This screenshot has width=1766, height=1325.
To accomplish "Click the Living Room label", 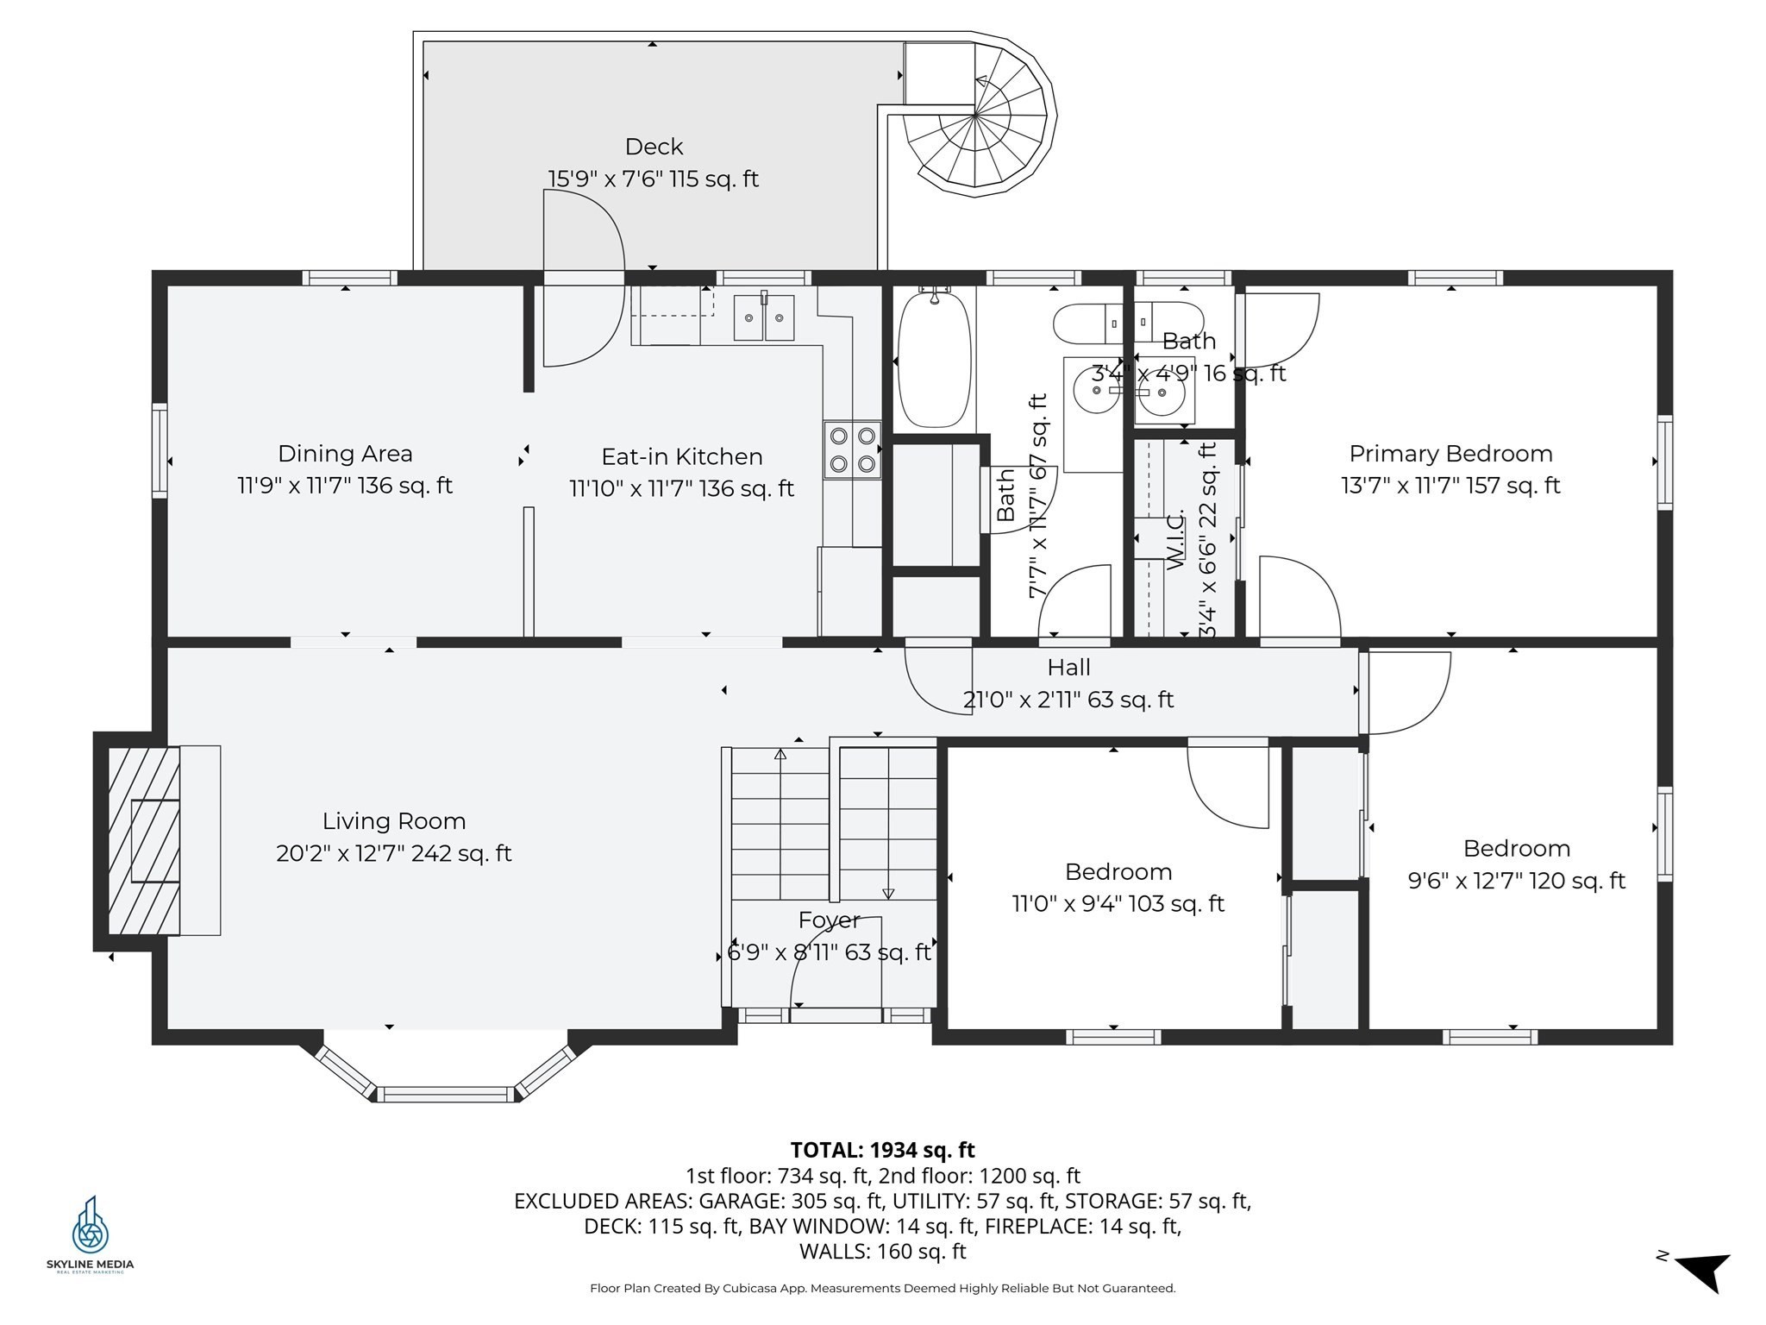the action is pyautogui.click(x=394, y=821).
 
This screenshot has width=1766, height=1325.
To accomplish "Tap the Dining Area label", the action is pyautogui.click(x=345, y=454).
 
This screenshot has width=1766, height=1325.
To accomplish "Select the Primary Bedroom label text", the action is pyautogui.click(x=1450, y=454).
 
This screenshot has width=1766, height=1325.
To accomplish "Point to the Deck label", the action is pyautogui.click(x=654, y=147).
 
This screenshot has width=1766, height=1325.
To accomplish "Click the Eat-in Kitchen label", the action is pyautogui.click(x=681, y=456).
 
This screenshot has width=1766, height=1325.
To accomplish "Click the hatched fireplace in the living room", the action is pyautogui.click(x=143, y=840).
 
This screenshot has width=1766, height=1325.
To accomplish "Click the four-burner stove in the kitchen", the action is pyautogui.click(x=852, y=449).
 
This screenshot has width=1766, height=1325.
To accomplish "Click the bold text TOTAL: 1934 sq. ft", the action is pyautogui.click(x=882, y=1150).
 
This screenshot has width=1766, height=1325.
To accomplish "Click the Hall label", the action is pyautogui.click(x=1068, y=668).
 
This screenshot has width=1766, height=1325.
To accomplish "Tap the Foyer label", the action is pyautogui.click(x=829, y=920).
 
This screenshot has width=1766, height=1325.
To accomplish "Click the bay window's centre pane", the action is pyautogui.click(x=445, y=1094).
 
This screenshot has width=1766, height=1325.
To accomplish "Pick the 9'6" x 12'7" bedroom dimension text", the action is pyautogui.click(x=1516, y=881).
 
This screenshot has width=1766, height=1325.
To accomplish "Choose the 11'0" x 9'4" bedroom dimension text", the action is pyautogui.click(x=1118, y=904).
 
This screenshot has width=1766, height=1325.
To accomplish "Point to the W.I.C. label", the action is pyautogui.click(x=1177, y=539).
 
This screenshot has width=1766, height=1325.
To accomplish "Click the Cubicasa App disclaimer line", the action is pyautogui.click(x=882, y=1288).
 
